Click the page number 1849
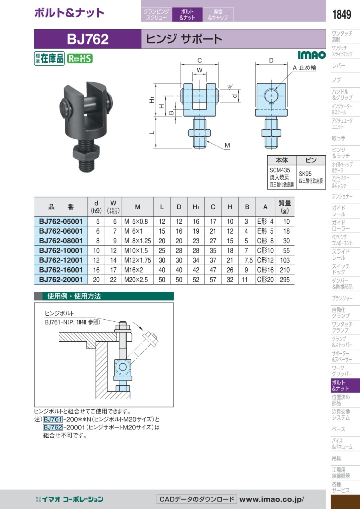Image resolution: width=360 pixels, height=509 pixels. [342, 14]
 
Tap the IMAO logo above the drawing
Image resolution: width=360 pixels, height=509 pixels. [312, 55]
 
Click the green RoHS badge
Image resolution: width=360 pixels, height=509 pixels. [80, 59]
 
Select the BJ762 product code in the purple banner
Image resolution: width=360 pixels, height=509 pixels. [88, 39]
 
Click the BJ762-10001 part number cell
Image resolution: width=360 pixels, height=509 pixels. [61, 250]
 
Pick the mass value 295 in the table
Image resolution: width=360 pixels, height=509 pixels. [284, 279]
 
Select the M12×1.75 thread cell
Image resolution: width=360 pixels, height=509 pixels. [138, 260]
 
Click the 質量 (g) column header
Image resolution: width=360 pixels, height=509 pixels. [284, 207]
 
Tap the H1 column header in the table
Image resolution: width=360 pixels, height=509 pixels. [196, 207]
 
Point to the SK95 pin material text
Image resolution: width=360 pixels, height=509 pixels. [305, 174]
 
